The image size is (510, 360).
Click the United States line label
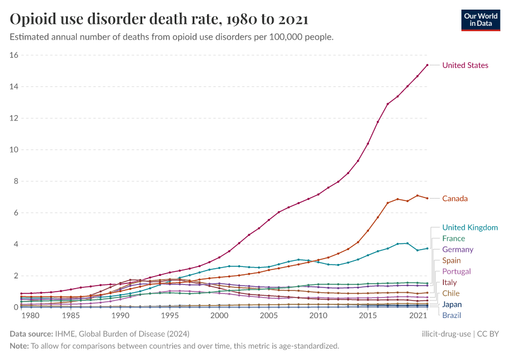pos(465,65)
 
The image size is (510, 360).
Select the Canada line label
pos(455,199)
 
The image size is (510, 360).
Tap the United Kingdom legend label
pos(470,227)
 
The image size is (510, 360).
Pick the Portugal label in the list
pos(457,271)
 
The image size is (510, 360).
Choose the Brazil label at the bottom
pos(452,315)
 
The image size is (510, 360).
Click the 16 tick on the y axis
pos(14,55)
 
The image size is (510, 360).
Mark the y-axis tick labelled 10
pos(14,150)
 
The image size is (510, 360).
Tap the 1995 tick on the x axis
pos(170,315)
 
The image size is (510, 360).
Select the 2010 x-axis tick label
pos(318,315)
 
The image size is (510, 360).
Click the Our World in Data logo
pos(481,19)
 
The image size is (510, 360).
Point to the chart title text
pos(159,19)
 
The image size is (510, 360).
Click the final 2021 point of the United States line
pos(427,65)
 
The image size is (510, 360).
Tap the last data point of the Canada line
pos(427,198)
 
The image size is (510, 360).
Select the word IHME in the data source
pos(64,334)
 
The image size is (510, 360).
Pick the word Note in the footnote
pos(19,346)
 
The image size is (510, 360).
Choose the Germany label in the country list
pos(458,250)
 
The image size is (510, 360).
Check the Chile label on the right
pos(451,293)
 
